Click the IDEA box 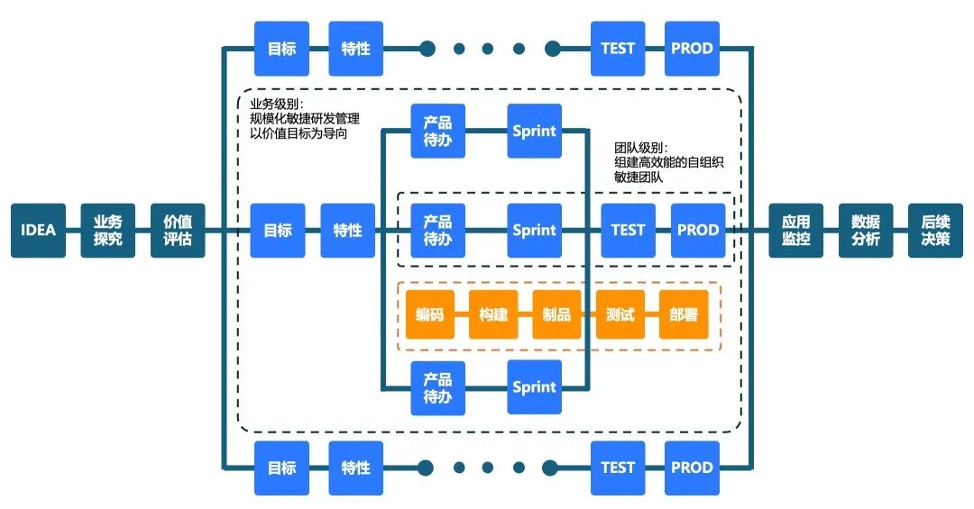(38, 230)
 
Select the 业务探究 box (107, 230)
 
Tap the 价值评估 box (178, 230)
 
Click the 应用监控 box (795, 230)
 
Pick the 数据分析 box (865, 230)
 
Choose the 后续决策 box (935, 230)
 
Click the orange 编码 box (430, 314)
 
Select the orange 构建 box (493, 314)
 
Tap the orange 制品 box (556, 314)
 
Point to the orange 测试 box (620, 314)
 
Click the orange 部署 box (683, 314)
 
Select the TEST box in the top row (618, 49)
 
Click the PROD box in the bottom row (692, 468)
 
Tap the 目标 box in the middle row (278, 230)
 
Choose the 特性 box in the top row (355, 49)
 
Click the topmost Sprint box (534, 132)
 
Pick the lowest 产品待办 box (437, 387)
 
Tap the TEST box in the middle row (628, 230)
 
